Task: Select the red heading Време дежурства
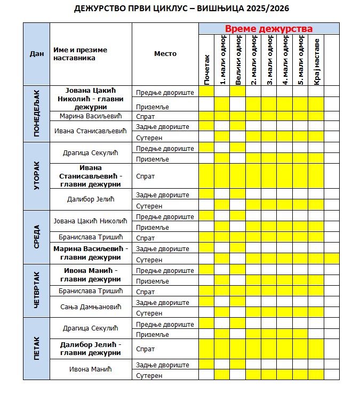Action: tap(268, 29)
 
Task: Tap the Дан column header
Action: tap(37, 53)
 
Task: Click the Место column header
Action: tap(165, 53)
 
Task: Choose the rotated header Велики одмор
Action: tap(238, 61)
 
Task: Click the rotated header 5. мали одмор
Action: tap(300, 61)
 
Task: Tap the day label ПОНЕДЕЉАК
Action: tap(37, 114)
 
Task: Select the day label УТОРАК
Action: tap(37, 176)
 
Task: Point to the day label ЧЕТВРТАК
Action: tap(37, 291)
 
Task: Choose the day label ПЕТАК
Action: tap(37, 349)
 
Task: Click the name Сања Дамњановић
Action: tap(91, 307)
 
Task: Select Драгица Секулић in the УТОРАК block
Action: tap(91, 154)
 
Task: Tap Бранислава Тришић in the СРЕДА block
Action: tap(91, 238)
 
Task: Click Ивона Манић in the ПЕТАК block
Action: tap(91, 369)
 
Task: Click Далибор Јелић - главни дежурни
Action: tap(91, 349)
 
